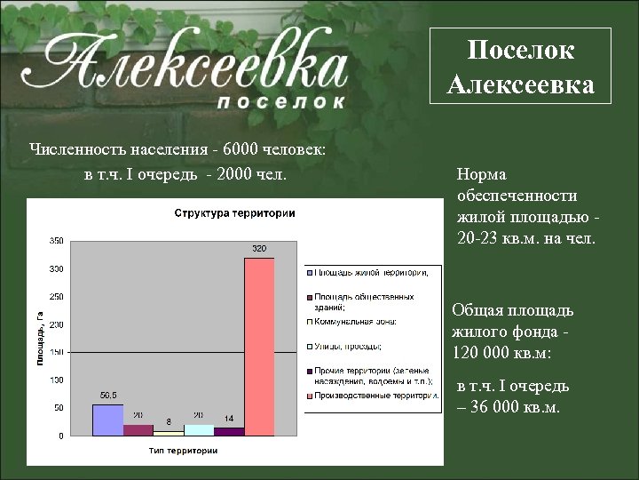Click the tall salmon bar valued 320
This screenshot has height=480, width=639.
click(x=259, y=347)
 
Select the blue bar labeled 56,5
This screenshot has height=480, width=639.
click(x=108, y=420)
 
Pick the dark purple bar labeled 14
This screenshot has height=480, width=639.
click(x=229, y=431)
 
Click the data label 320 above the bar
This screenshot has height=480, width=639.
click(x=259, y=248)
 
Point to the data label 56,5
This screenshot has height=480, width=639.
click(x=108, y=394)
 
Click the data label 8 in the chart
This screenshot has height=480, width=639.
click(x=169, y=422)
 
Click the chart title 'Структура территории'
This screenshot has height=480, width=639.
click(x=234, y=213)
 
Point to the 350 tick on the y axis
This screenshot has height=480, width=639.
click(x=56, y=241)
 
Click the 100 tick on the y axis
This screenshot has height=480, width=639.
click(x=56, y=380)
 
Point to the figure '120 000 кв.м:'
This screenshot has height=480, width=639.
click(x=501, y=352)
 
